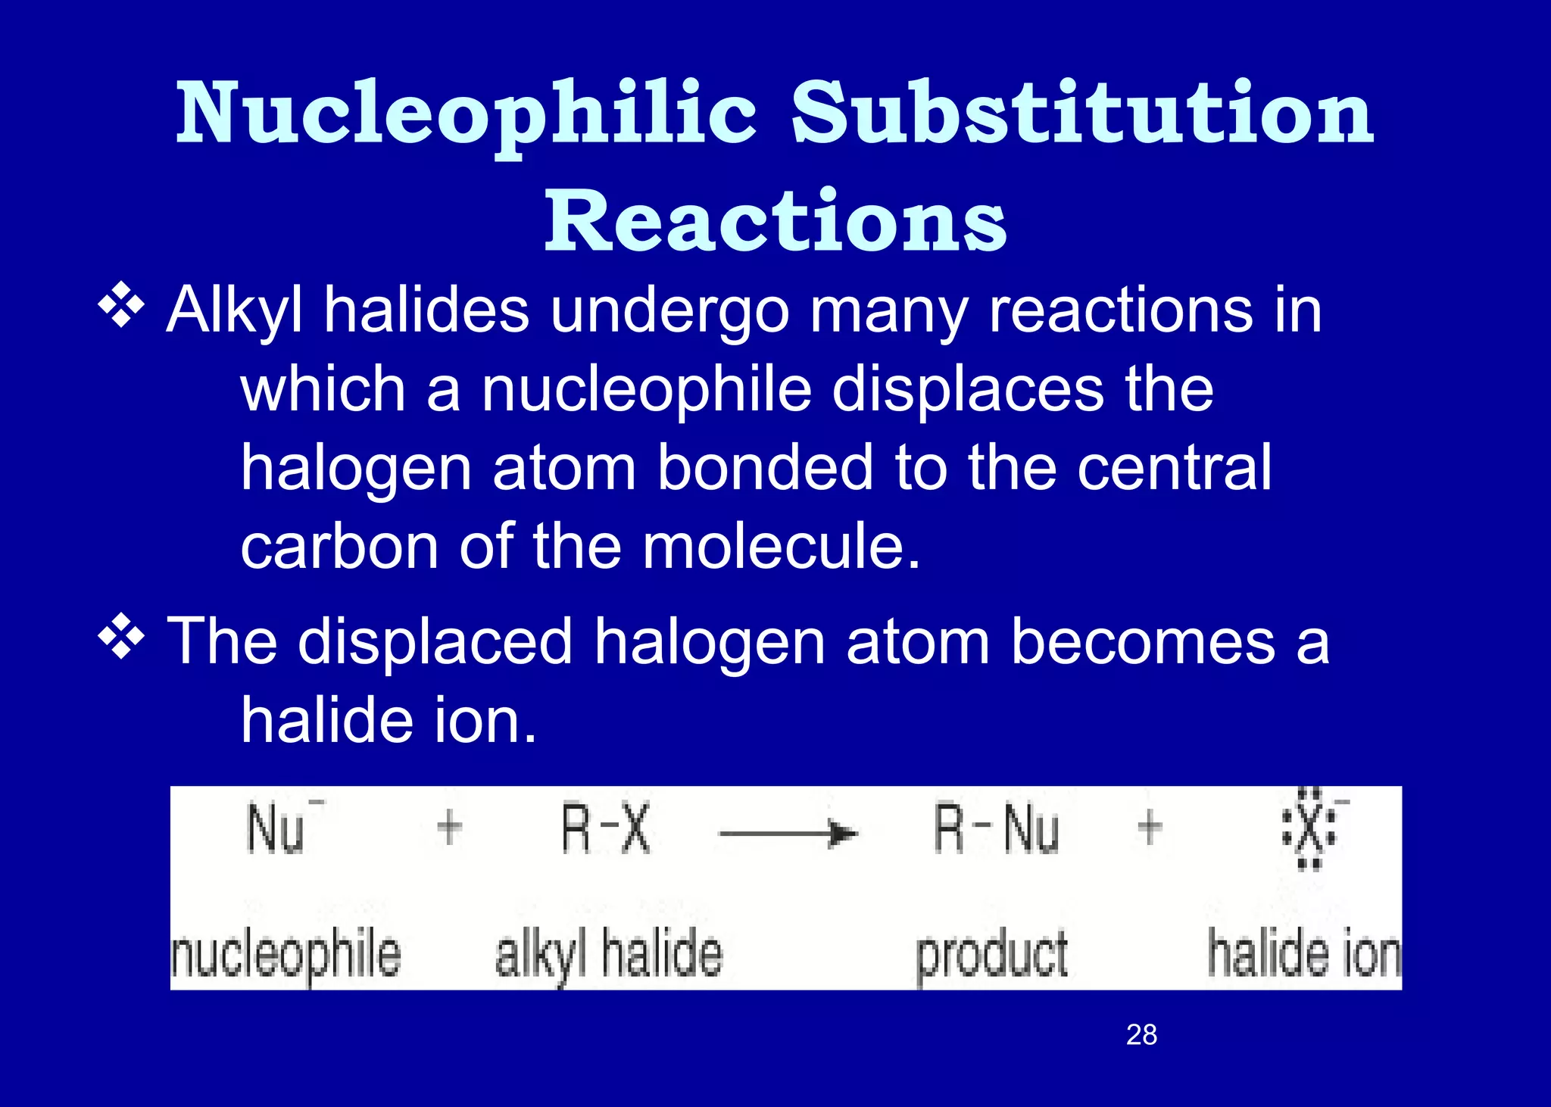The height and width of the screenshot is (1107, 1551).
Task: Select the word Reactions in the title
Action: (x=775, y=220)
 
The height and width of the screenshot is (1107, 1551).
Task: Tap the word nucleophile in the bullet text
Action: (x=647, y=389)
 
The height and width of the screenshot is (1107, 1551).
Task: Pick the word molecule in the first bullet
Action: (x=780, y=547)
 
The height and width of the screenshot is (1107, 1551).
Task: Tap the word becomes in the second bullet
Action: (x=1144, y=642)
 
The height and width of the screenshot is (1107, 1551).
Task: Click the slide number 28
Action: (x=1141, y=1034)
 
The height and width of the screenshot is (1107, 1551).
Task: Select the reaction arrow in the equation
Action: (x=788, y=834)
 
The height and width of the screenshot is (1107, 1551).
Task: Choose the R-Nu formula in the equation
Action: (x=996, y=830)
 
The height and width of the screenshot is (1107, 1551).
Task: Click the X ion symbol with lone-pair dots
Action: (x=1310, y=830)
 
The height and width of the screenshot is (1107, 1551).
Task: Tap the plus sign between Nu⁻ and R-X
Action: (x=450, y=827)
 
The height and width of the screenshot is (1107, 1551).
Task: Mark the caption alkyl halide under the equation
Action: (x=609, y=956)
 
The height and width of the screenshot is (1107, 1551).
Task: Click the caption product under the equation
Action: (x=992, y=956)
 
